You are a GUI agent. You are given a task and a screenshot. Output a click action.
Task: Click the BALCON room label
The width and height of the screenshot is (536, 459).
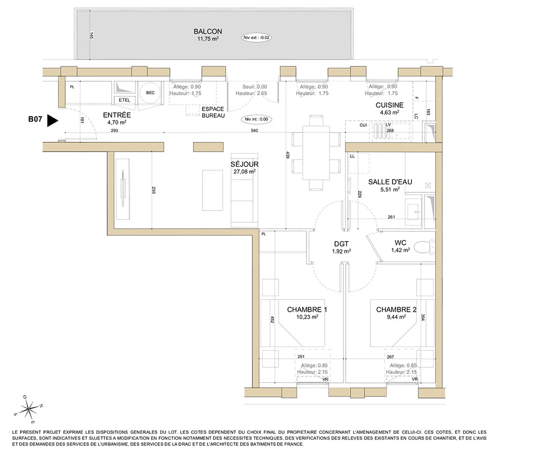click(x=208, y=32)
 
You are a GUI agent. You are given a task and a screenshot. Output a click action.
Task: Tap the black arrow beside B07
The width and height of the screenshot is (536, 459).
click(x=53, y=121)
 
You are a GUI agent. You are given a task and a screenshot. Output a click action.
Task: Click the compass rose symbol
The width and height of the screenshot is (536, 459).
click(x=29, y=409)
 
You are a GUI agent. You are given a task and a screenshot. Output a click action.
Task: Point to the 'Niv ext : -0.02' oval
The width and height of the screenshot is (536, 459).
click(x=256, y=37)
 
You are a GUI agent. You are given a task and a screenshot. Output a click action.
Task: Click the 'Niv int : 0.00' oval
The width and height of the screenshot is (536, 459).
click(x=256, y=119)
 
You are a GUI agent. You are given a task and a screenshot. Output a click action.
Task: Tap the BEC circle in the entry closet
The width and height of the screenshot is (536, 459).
click(x=150, y=93)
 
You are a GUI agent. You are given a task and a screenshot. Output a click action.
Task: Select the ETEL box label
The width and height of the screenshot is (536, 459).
click(x=124, y=100)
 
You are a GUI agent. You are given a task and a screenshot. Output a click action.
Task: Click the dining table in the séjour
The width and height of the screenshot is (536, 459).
click(x=316, y=153)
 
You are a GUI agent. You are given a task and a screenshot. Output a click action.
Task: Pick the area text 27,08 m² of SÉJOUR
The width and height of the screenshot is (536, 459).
click(x=244, y=171)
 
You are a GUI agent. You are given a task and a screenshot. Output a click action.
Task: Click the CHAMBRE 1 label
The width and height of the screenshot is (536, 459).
click(x=307, y=310)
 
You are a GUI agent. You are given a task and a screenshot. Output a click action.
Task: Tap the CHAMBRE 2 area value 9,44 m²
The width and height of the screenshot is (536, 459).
click(x=396, y=317)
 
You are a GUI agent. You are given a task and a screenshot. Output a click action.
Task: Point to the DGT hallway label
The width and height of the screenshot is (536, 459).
click(x=341, y=244)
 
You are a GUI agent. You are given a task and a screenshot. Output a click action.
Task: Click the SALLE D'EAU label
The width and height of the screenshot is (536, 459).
click(x=390, y=182)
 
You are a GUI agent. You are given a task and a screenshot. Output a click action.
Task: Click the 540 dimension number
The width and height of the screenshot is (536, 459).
click(x=254, y=131)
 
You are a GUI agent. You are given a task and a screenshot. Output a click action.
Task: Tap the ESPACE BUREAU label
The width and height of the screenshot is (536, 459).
click(x=213, y=112)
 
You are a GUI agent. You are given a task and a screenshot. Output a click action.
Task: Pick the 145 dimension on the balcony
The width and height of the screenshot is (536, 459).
click(x=91, y=35)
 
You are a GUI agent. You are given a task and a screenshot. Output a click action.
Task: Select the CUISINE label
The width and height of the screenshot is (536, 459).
click(x=389, y=105)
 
